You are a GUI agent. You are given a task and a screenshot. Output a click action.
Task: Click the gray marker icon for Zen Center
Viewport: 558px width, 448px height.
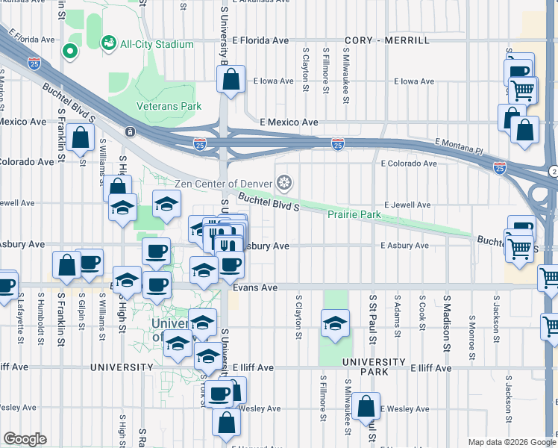click(283, 183)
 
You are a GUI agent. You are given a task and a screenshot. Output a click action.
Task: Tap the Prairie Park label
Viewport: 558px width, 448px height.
click(354, 215)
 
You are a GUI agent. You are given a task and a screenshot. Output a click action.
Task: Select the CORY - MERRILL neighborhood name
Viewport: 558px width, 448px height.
click(386, 40)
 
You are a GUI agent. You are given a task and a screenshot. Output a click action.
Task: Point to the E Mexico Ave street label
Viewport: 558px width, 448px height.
click(289, 122)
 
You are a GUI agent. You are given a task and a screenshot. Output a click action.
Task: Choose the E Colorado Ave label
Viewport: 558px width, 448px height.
click(408, 163)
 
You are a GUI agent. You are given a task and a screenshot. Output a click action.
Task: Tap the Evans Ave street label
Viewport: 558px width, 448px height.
click(254, 287)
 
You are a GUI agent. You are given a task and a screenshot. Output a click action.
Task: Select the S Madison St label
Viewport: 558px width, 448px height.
click(446, 313)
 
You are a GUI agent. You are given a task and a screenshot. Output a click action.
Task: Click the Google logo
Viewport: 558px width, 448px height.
click(25, 439)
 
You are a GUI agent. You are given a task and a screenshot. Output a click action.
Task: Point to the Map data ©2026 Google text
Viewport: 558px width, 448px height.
click(511, 442)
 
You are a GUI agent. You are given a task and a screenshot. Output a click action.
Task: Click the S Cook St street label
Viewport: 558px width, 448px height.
click(421, 313)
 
